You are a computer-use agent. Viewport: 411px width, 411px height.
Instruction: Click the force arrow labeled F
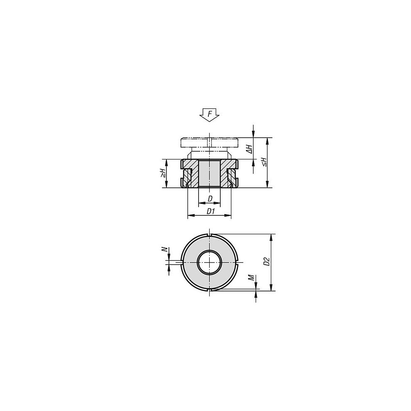pyautogui.click(x=209, y=115)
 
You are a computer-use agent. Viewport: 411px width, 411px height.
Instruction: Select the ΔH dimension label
pyautogui.click(x=249, y=149)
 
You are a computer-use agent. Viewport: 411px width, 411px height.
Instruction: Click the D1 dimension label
pyautogui.click(x=211, y=211)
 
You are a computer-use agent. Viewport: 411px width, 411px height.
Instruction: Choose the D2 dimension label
pyautogui.click(x=267, y=261)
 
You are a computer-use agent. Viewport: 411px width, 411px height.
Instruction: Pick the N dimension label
pyautogui.click(x=165, y=249)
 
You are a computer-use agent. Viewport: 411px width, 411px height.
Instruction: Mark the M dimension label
pyautogui.click(x=252, y=277)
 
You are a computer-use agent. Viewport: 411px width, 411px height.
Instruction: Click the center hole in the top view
pyautogui.click(x=210, y=262)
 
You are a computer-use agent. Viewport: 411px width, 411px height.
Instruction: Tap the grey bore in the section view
pyautogui.click(x=209, y=173)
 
